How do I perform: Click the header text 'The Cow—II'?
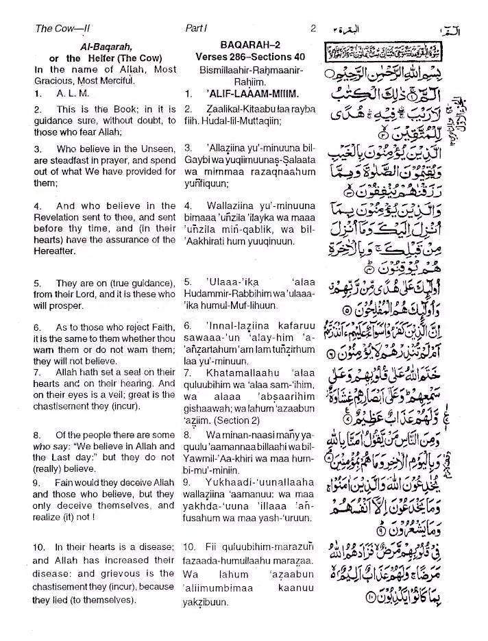[62, 29]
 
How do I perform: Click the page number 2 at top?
[313, 29]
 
